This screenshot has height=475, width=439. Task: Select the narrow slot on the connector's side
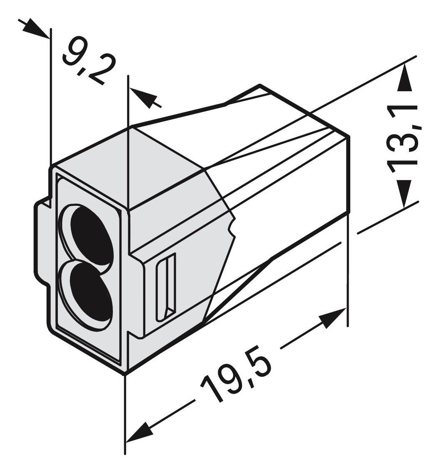pos(166,287)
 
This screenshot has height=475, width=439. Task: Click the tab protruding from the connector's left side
pos(41,242)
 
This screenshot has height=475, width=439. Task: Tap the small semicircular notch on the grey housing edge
pos(230,227)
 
